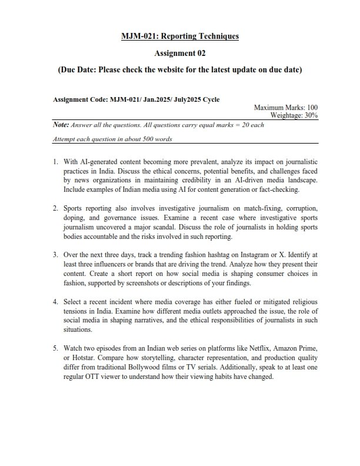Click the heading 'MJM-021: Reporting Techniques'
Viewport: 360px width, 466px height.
tap(180, 36)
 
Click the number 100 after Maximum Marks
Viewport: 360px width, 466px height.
tap(312, 108)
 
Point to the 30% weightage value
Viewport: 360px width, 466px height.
tap(311, 115)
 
